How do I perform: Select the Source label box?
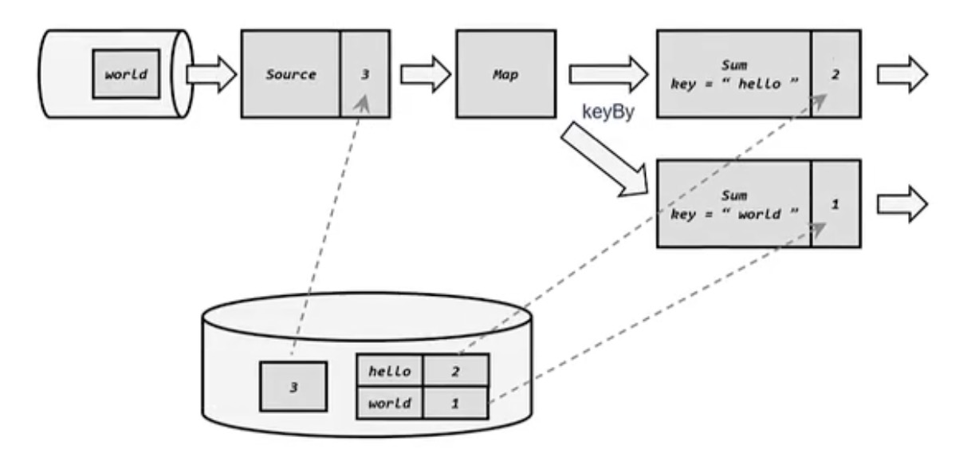(291, 74)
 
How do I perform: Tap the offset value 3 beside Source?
(365, 74)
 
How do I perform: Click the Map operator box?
(505, 74)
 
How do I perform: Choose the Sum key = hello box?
(733, 74)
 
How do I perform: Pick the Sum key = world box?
(733, 203)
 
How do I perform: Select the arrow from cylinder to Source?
(211, 74)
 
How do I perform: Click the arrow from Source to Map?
(425, 74)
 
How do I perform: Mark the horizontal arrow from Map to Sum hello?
(608, 74)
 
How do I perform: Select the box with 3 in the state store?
(293, 387)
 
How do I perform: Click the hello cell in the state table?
(390, 370)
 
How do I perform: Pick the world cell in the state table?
(390, 403)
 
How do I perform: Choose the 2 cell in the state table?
(454, 370)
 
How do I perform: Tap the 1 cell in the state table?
(454, 403)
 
